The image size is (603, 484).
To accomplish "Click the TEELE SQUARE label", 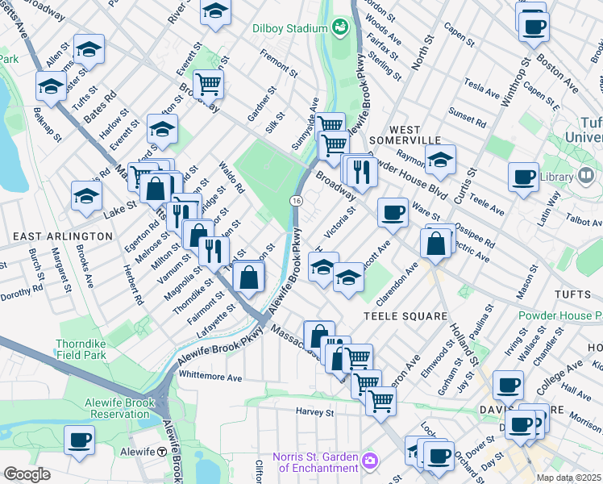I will (x=405, y=316).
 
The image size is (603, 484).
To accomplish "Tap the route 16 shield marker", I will (x=297, y=200).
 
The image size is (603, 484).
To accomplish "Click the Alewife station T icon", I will (x=162, y=452).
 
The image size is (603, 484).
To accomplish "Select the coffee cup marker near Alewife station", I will (x=79, y=440).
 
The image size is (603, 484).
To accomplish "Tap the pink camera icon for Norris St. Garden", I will (x=370, y=461).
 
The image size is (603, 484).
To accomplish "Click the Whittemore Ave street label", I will (x=211, y=377).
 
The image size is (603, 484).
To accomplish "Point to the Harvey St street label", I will (x=314, y=412).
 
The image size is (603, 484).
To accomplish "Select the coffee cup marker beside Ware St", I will (x=393, y=213).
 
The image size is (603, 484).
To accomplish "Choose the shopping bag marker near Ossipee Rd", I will (x=436, y=244).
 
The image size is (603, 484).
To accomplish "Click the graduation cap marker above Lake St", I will (x=87, y=196).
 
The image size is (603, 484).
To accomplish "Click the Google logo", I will (x=27, y=474).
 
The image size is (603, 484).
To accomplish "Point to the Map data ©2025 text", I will (x=568, y=478).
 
